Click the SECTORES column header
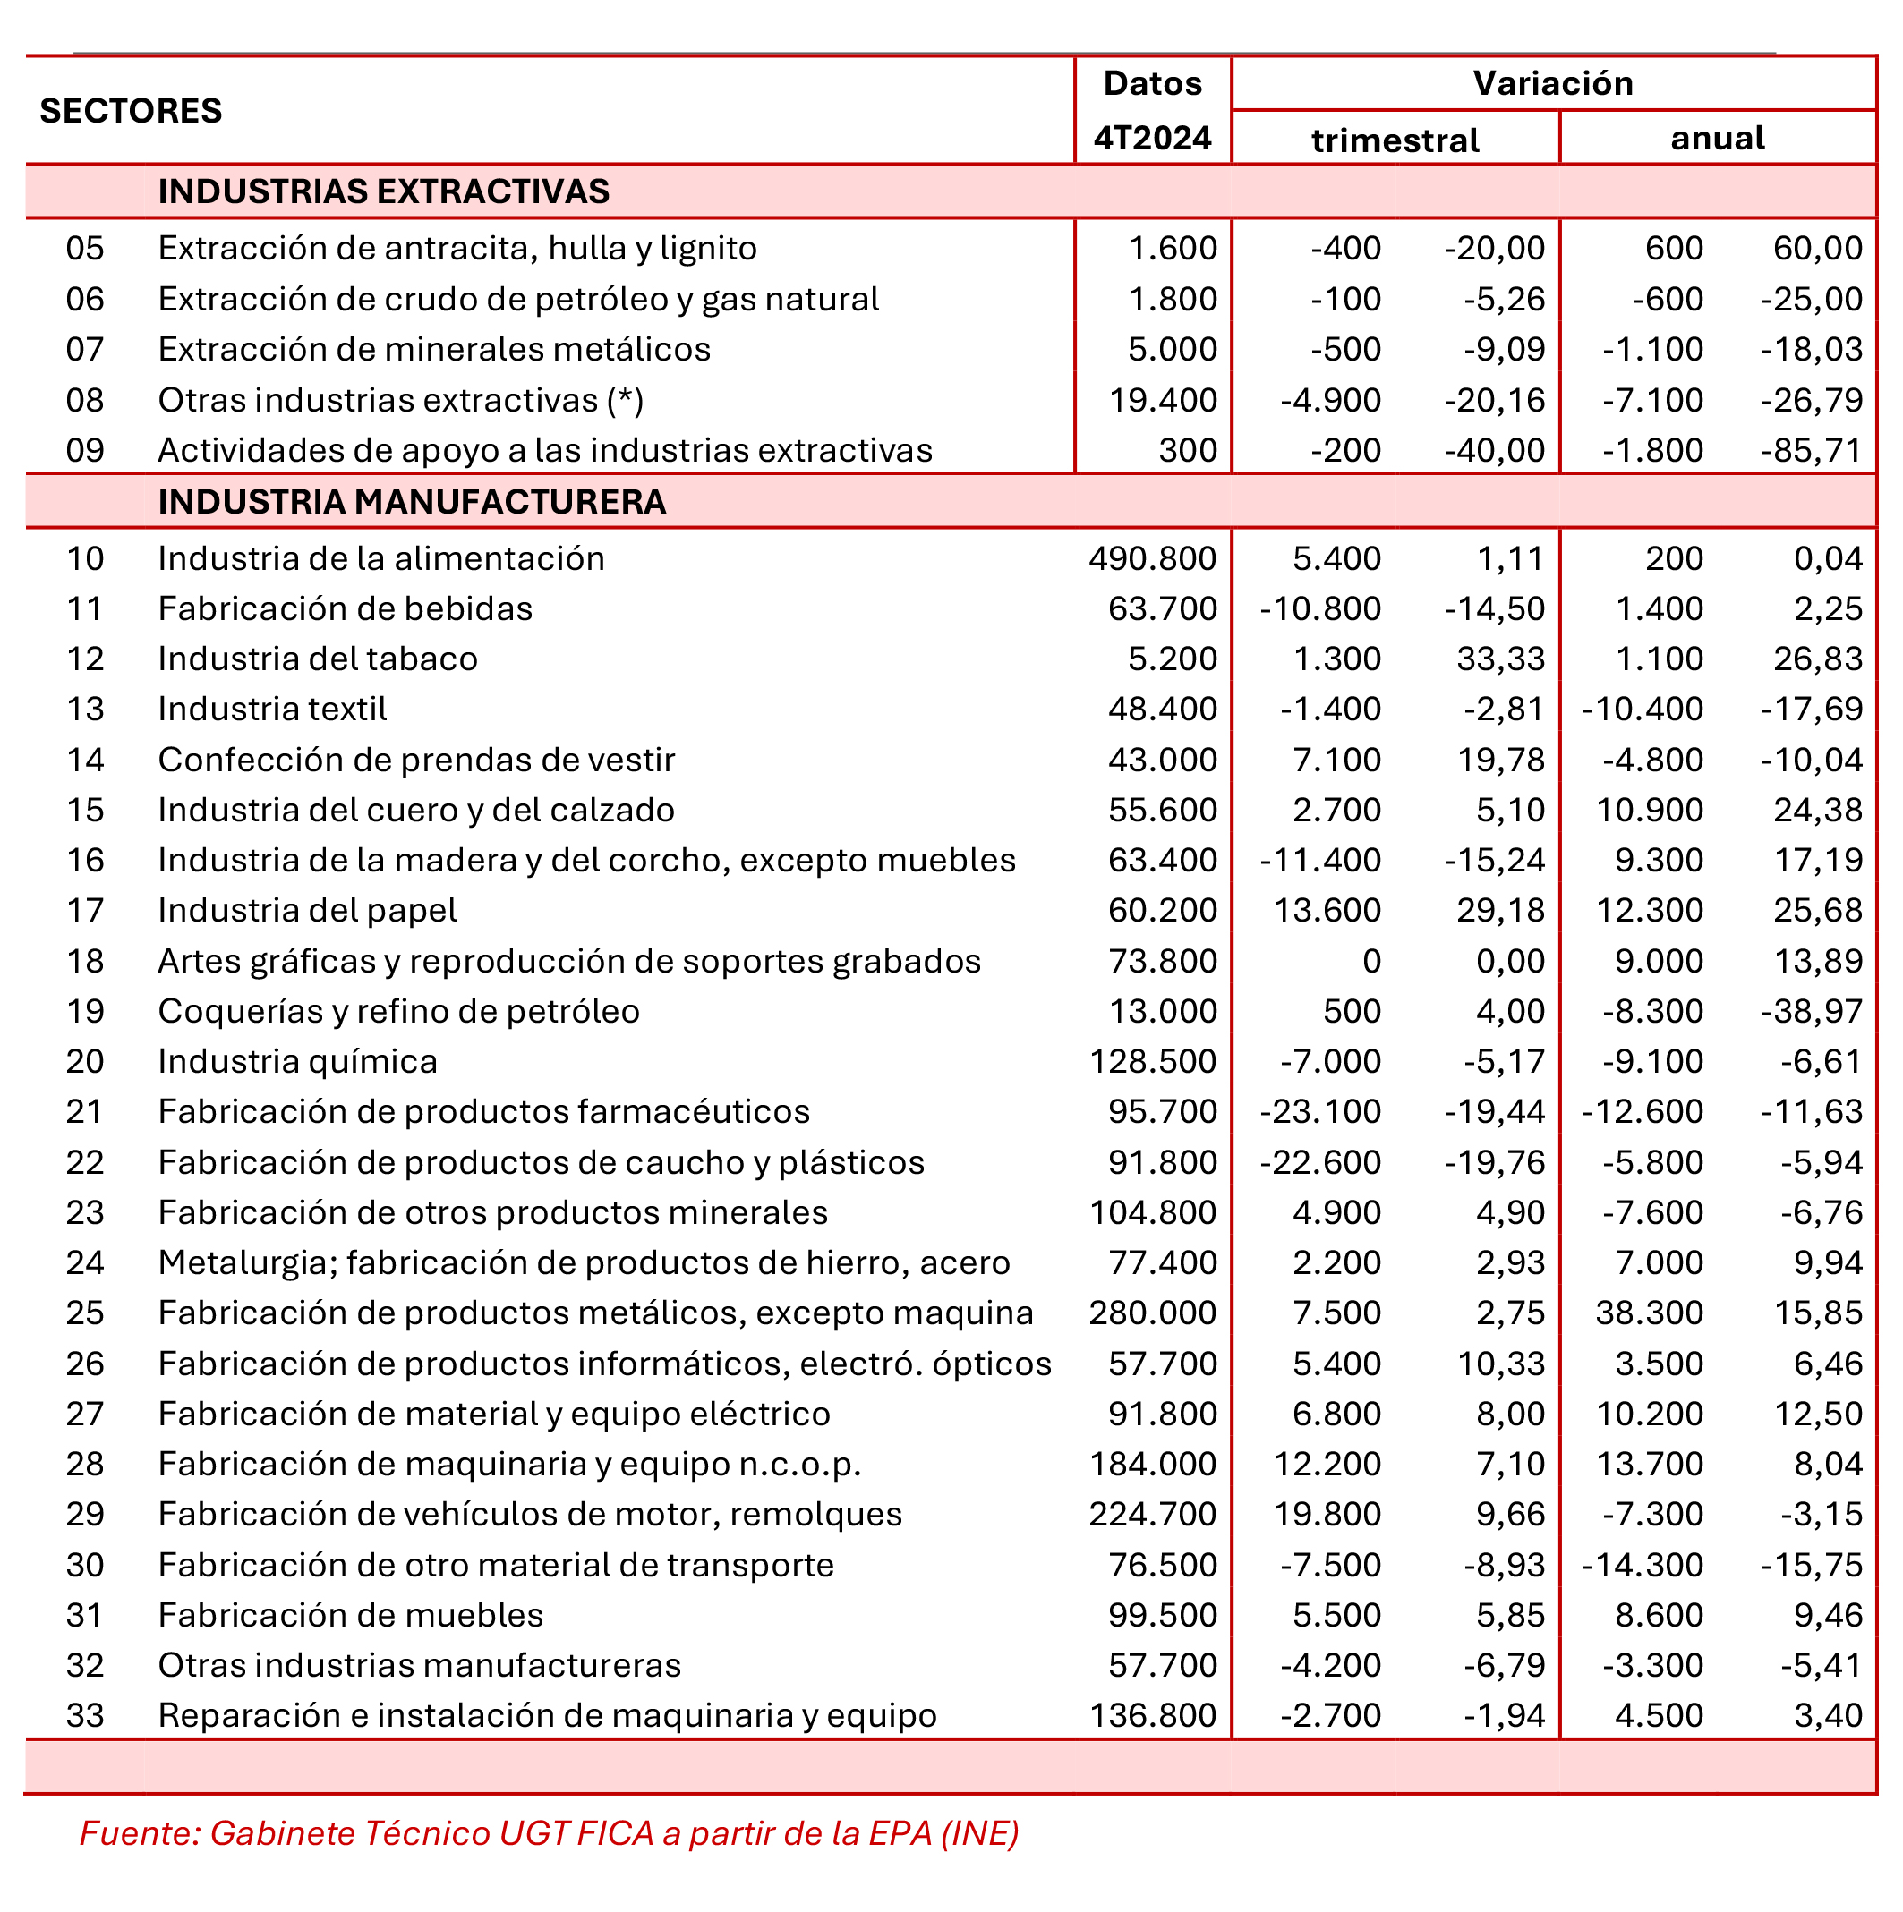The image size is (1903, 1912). pos(131,111)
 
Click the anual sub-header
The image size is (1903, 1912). pos(1717,138)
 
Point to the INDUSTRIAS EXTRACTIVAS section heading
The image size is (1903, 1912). pos(383,191)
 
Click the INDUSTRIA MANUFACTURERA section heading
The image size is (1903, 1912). pos(412,502)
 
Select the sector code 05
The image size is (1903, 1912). pos(85,248)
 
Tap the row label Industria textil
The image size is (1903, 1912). pos(272,709)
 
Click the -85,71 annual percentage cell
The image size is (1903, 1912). pos(1811,450)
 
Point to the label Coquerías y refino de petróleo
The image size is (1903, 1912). pos(399,1011)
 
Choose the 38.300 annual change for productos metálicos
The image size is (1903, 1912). pos(1649,1313)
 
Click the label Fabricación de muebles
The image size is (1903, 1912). pos(351,1615)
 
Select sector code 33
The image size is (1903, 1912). pos(85,1715)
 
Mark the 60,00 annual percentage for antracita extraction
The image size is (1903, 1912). pos(1817,248)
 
